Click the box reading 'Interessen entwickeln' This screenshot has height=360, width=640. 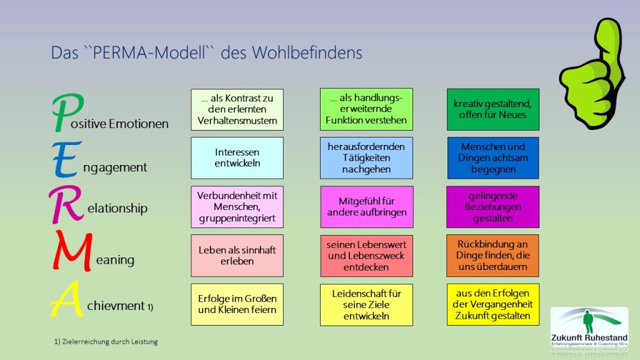point(237,157)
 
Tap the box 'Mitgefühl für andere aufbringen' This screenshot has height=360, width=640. point(366,206)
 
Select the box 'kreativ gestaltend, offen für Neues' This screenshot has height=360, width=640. point(492,109)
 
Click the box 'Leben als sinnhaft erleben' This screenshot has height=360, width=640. point(237,255)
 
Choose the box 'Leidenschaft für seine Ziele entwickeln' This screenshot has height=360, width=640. point(366,304)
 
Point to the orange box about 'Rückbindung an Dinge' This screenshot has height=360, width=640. point(492,255)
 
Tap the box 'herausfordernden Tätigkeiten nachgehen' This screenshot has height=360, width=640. point(366,157)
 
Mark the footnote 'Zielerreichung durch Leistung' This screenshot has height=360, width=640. point(106,341)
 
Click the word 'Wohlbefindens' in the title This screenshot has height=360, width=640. point(307,53)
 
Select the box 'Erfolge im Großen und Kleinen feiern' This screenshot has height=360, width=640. point(237,304)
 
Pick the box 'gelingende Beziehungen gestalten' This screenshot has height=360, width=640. point(492,207)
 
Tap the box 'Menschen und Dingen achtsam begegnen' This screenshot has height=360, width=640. point(492,157)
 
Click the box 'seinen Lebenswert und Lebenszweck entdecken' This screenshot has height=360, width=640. point(366,255)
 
